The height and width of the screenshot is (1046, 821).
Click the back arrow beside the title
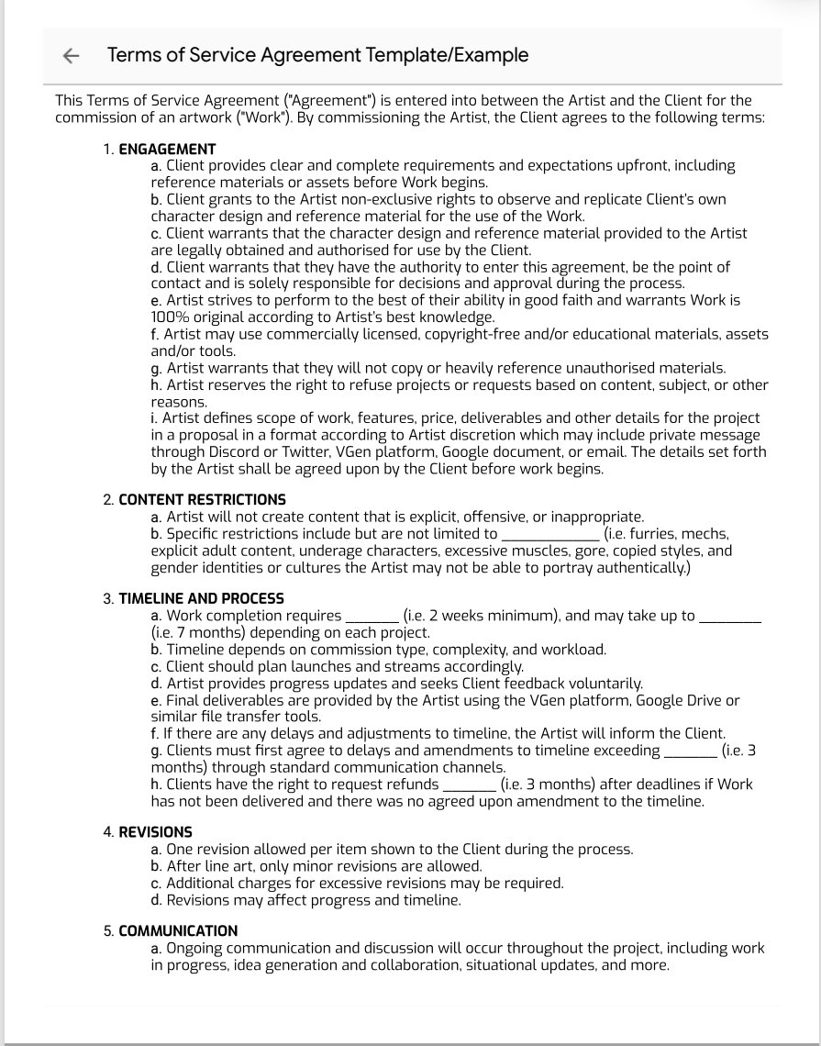(71, 56)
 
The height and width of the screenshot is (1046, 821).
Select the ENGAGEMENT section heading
(167, 150)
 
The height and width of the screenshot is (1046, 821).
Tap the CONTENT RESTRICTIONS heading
(202, 500)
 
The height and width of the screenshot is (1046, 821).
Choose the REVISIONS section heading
(155, 832)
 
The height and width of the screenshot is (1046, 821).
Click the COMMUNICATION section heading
(178, 931)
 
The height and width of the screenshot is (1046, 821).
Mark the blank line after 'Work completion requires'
(372, 617)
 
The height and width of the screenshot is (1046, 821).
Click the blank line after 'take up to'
(730, 617)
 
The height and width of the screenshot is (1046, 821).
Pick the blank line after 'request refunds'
(469, 784)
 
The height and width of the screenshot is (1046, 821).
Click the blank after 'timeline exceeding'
(689, 751)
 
